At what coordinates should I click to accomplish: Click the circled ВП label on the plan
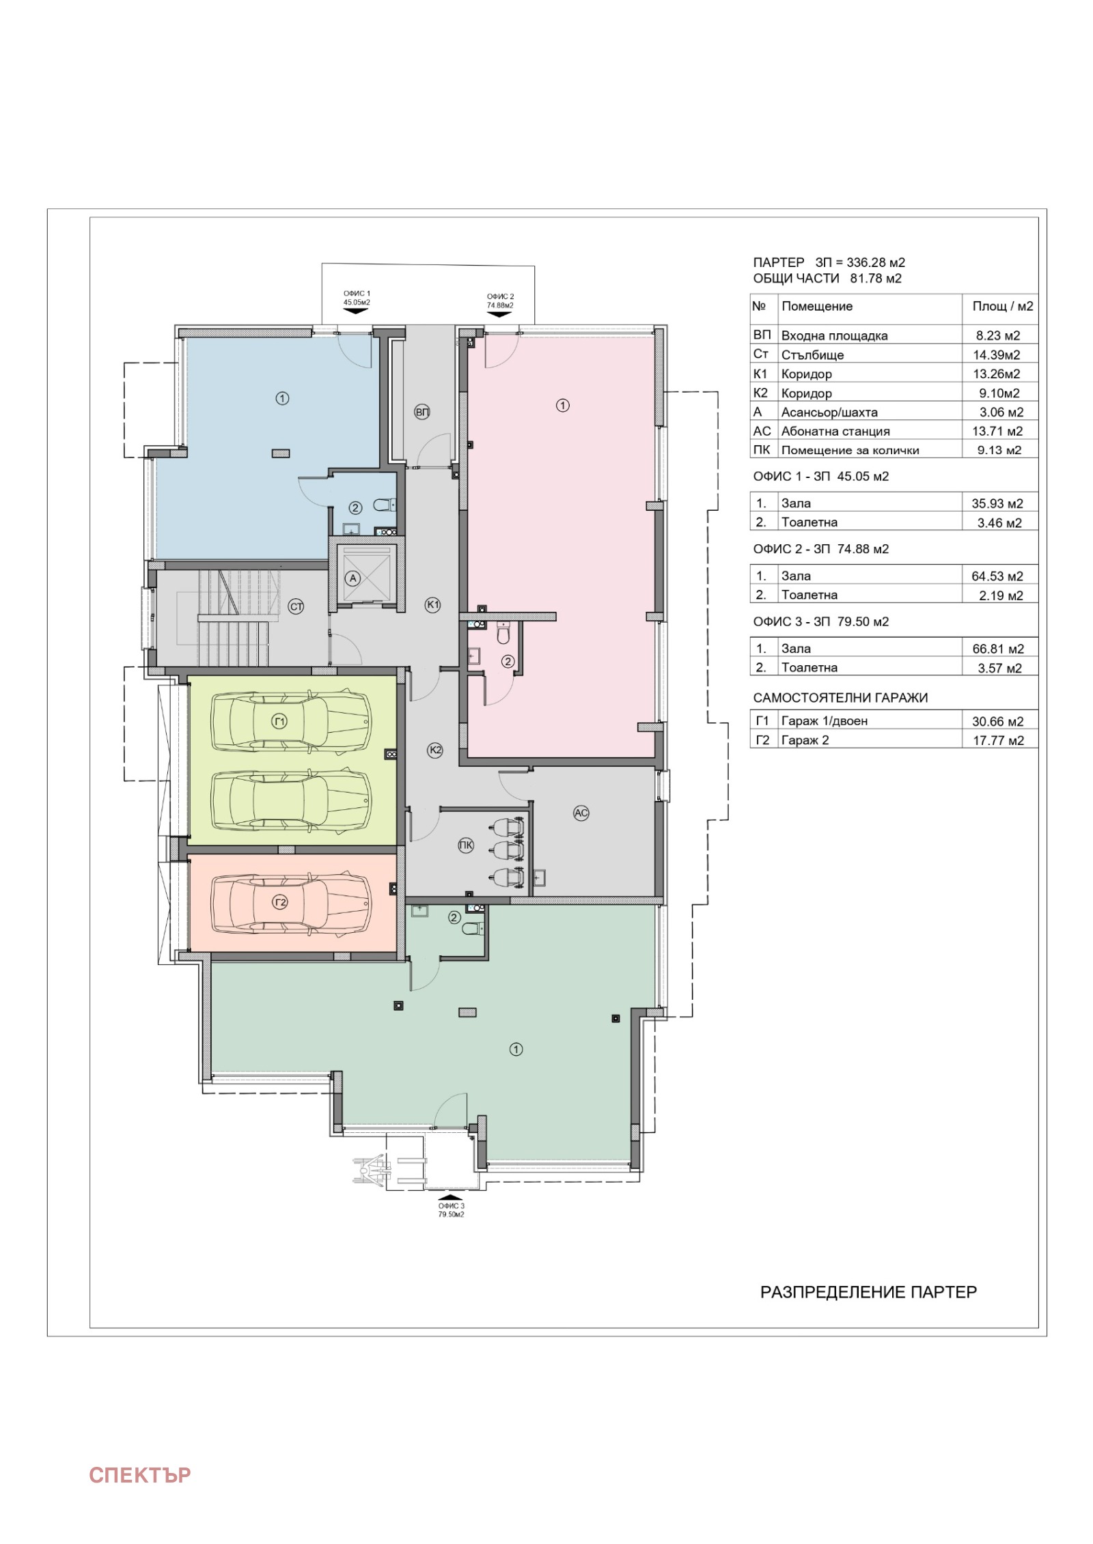click(422, 412)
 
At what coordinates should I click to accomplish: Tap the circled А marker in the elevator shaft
click(352, 578)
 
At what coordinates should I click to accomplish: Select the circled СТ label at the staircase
click(296, 606)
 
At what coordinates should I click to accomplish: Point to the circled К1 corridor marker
click(432, 604)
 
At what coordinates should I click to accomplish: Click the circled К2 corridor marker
click(435, 750)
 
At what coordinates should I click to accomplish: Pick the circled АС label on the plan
click(581, 813)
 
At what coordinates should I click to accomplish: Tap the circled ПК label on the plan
click(465, 845)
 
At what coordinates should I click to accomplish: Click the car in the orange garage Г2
click(292, 902)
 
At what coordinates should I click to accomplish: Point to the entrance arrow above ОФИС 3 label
click(450, 1197)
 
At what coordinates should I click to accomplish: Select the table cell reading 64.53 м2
click(997, 576)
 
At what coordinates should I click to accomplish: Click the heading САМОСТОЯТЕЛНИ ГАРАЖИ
click(840, 698)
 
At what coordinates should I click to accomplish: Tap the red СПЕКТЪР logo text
click(140, 1476)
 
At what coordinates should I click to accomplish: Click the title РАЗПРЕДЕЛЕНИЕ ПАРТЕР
click(868, 1292)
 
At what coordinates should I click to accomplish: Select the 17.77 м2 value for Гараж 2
click(998, 740)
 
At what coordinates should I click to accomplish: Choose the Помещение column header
click(817, 307)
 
